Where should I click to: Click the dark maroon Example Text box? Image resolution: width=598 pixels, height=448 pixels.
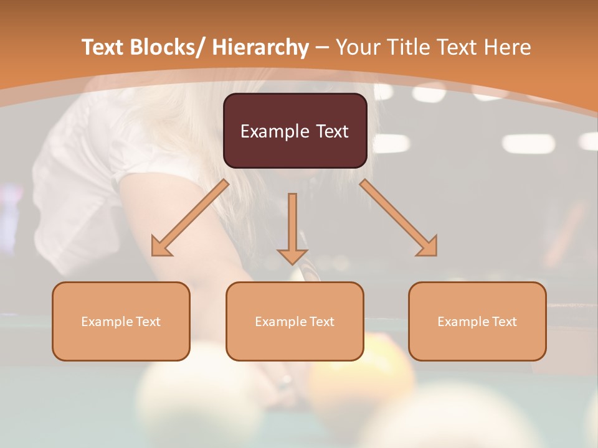tap(295, 131)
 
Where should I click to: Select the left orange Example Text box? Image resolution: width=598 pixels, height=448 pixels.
tap(121, 321)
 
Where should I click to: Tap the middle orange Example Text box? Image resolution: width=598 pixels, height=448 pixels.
tap(295, 321)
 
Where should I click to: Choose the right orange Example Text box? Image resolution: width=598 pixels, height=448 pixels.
tap(477, 321)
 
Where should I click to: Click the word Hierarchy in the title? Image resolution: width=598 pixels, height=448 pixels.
tap(260, 47)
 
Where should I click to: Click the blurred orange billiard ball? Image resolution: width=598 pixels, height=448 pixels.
tap(361, 373)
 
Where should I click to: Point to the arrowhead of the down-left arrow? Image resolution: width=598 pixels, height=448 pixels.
tap(161, 247)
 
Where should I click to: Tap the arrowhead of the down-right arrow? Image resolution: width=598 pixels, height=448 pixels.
tap(428, 247)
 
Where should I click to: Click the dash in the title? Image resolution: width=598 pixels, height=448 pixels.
tap(322, 47)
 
